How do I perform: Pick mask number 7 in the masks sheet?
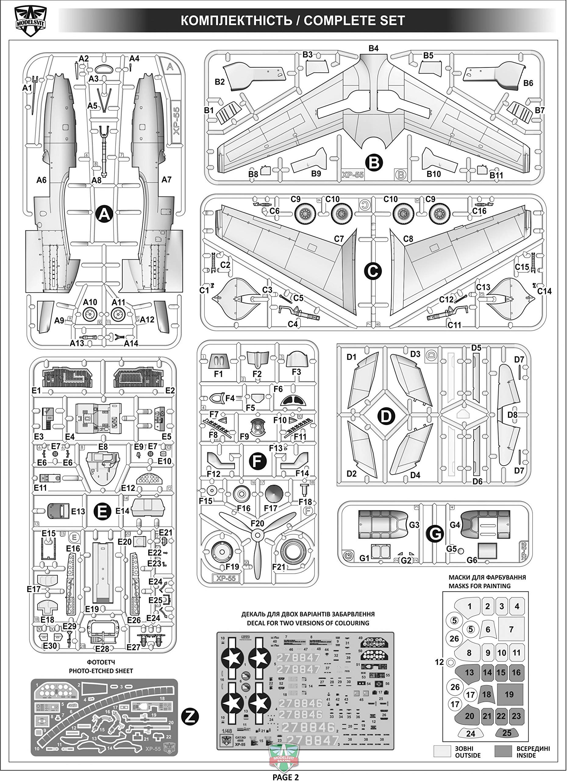coord(511,629)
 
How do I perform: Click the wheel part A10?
coord(90,314)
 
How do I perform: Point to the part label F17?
coord(270,508)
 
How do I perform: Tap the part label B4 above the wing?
coord(373,48)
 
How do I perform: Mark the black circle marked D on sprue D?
coord(386,416)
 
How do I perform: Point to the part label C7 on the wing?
coord(339,239)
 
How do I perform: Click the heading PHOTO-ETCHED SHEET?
coord(101,671)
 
